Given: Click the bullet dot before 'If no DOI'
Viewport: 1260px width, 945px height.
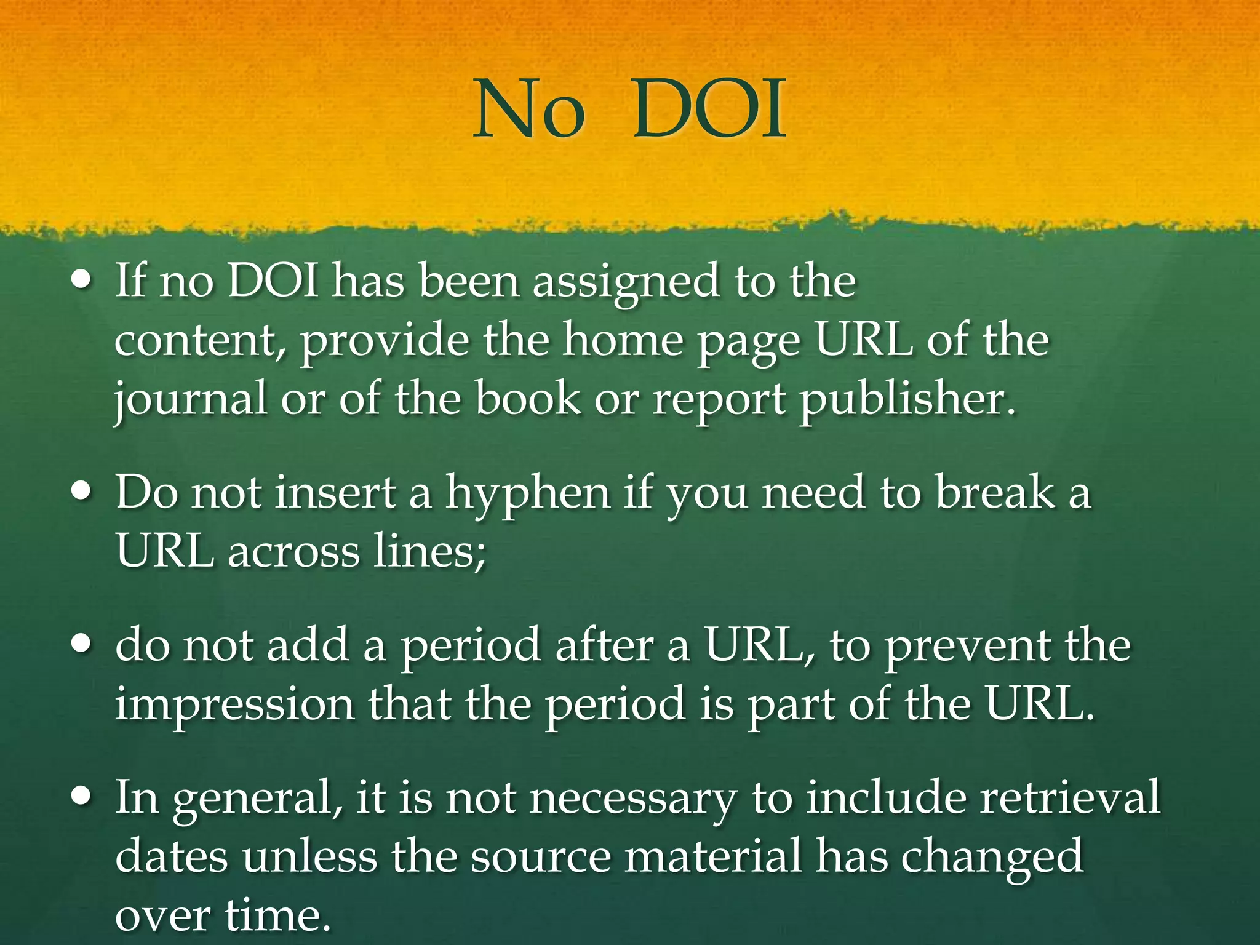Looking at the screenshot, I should [x=82, y=281].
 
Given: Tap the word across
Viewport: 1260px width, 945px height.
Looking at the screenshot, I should [x=294, y=551].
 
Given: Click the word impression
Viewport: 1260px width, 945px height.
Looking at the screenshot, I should [x=234, y=704].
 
